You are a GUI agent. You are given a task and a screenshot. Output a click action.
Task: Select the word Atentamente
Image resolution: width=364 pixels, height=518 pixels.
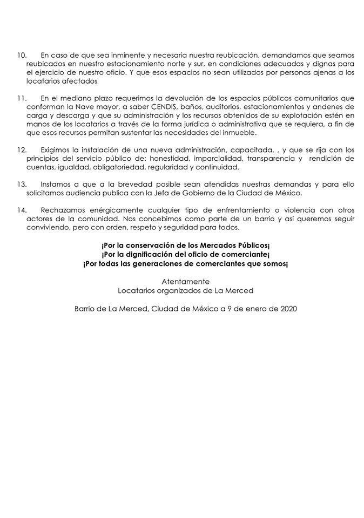point(185,282)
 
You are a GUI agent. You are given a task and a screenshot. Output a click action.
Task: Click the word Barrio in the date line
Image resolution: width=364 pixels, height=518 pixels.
point(86,310)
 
